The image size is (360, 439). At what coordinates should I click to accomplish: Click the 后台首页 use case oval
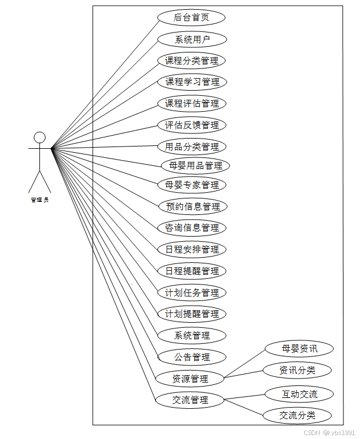point(191,18)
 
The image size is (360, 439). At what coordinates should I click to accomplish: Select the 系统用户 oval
point(192,39)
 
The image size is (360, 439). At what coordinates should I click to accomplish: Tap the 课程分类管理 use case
point(192,60)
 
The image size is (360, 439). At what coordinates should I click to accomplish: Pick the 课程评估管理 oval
point(192,103)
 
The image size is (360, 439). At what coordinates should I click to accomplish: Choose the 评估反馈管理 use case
point(192,125)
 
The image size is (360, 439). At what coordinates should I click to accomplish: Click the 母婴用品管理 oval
point(195,166)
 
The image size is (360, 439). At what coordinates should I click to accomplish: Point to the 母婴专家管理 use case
point(192,185)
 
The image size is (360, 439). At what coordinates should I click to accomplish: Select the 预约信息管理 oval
point(192,206)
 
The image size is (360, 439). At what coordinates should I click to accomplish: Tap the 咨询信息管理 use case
point(192,227)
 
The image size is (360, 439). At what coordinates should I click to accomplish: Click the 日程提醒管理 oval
point(192,271)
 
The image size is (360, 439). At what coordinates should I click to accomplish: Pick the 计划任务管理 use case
point(192,292)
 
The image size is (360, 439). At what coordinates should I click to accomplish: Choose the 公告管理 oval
point(192,357)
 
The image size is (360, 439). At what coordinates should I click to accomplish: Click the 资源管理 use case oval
point(190,379)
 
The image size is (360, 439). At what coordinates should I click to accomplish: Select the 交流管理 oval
point(190,400)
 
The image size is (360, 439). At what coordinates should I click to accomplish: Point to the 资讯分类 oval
point(297,370)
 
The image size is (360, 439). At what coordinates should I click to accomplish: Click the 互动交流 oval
point(300,394)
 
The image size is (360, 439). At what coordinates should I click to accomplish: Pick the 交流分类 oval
point(297,415)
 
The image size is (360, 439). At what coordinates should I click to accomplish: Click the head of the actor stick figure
point(39,137)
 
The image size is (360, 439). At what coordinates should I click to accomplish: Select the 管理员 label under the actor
point(39,200)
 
